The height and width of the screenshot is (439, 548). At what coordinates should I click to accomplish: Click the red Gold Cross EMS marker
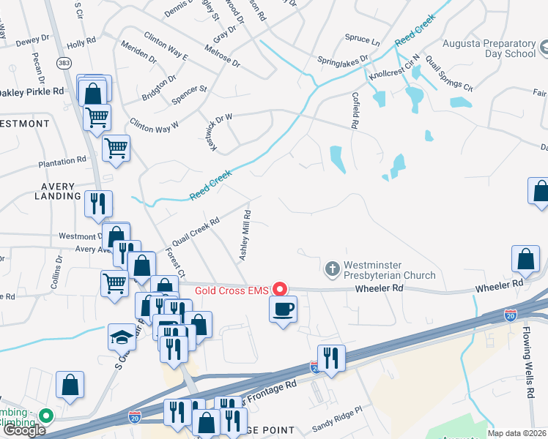(x=278, y=289)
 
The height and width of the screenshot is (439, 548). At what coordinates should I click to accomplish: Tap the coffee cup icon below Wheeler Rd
(x=283, y=309)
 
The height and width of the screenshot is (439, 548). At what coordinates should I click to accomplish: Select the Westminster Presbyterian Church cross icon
(x=333, y=269)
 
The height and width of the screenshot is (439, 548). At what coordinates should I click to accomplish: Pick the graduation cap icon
(x=122, y=337)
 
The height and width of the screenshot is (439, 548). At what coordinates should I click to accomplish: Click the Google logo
(x=24, y=430)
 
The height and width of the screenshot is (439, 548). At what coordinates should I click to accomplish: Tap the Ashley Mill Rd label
(x=245, y=236)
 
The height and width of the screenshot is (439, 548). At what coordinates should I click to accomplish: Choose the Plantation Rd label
(x=63, y=162)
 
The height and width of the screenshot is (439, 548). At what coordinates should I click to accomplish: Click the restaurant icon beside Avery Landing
(x=98, y=203)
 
